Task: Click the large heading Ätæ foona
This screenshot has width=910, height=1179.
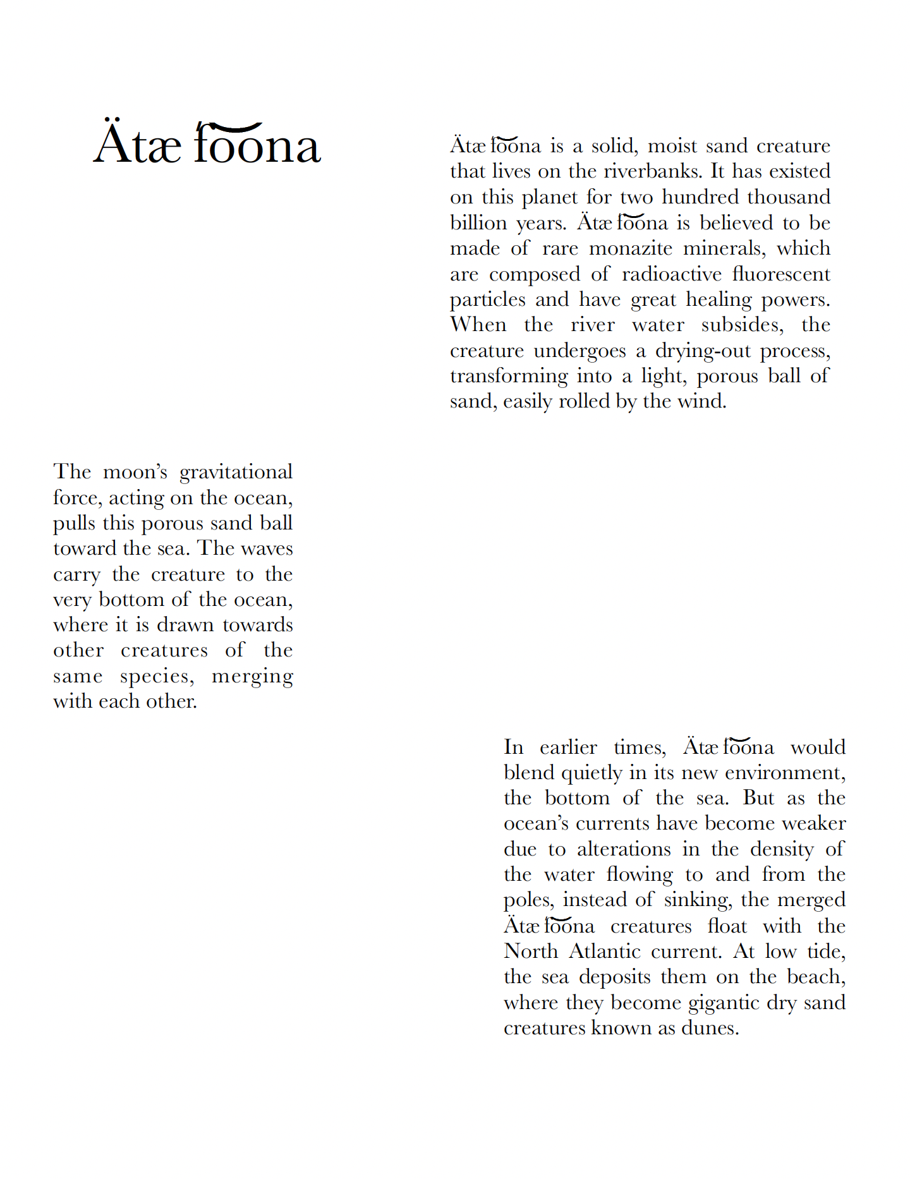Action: tap(207, 144)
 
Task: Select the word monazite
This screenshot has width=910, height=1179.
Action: tap(631, 248)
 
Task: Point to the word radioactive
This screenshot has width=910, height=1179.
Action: tap(671, 274)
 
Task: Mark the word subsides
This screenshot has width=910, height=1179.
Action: tap(742, 325)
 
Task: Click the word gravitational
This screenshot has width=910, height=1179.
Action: tap(236, 473)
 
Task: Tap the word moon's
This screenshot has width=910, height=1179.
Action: tap(135, 473)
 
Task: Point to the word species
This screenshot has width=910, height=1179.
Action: tap(157, 677)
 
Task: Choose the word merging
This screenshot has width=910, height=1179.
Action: tap(252, 677)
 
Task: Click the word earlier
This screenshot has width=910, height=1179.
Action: tap(568, 747)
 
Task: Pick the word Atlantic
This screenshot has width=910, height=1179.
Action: tap(605, 952)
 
